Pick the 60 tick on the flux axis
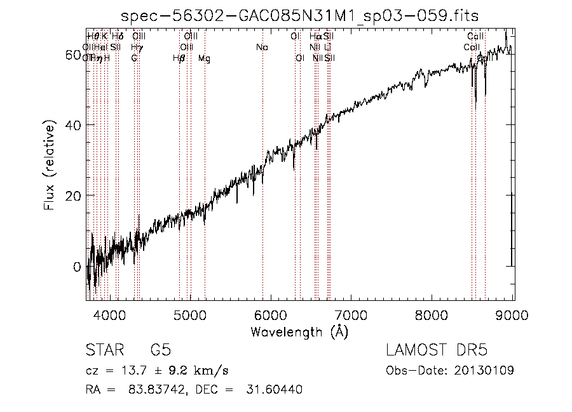pyautogui.click(x=74, y=55)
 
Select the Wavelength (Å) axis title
pyautogui.click(x=299, y=331)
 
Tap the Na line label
pyautogui.click(x=262, y=48)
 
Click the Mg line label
pyautogui.click(x=204, y=58)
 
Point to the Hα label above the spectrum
pyautogui.click(x=315, y=37)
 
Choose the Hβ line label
pyautogui.click(x=179, y=58)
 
